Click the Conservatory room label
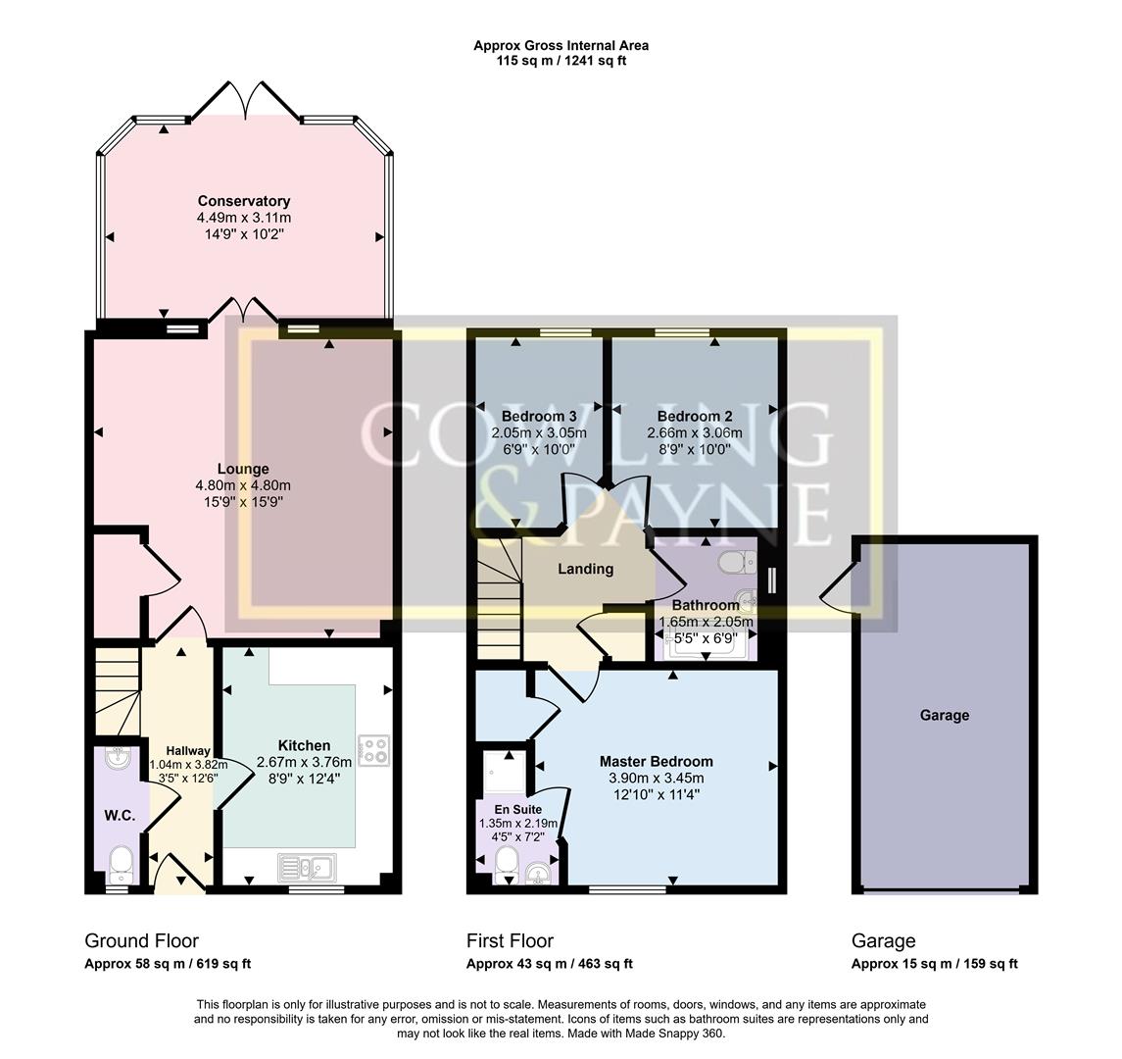coord(244,201)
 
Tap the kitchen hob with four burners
coord(373,750)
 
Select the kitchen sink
coord(307,867)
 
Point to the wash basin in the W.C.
coord(117,758)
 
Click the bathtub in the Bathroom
coord(705,644)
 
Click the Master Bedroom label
coord(656,761)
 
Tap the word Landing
coord(585,569)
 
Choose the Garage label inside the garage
coord(944,715)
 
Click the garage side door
coord(838,591)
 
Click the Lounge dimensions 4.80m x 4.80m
coord(244,485)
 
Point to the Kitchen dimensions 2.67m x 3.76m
coord(304,762)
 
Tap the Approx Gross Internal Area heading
coord(561,45)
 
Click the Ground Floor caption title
coord(142,941)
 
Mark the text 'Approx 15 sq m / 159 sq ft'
coord(934,964)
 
